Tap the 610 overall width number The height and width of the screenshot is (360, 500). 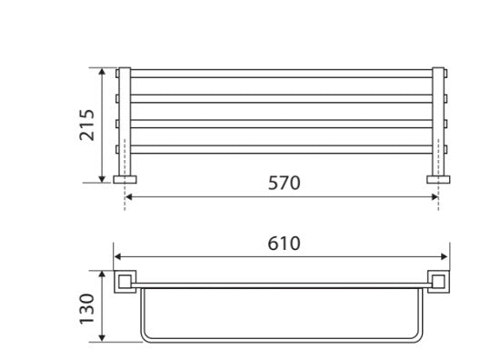[282, 244]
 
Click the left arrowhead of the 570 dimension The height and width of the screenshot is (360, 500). [129, 195]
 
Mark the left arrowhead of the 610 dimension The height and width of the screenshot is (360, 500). [116, 256]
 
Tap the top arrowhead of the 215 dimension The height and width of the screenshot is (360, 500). [103, 70]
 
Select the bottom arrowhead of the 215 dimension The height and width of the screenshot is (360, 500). [103, 179]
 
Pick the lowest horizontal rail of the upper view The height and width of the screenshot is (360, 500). [282, 150]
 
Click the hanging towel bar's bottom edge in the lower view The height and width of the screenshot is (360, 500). [282, 341]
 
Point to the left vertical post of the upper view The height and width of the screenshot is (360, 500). [126, 118]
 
